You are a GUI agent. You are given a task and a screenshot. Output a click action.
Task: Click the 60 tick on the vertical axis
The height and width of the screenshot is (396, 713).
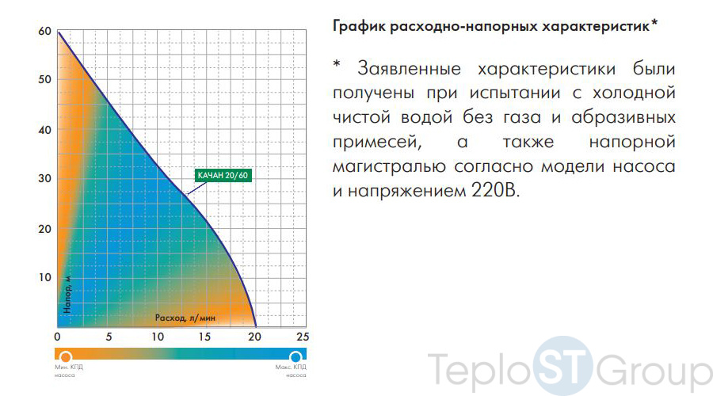pyautogui.click(x=44, y=32)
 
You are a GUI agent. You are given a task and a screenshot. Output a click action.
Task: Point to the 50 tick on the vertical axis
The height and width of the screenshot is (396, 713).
pyautogui.click(x=44, y=79)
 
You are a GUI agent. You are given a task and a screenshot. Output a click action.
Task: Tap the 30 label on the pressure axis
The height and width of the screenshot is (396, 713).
pyautogui.click(x=44, y=178)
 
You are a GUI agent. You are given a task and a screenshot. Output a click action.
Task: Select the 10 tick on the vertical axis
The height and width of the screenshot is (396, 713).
pyautogui.click(x=44, y=277)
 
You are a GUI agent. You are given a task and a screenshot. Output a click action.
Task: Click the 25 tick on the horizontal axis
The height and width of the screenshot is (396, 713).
pyautogui.click(x=303, y=337)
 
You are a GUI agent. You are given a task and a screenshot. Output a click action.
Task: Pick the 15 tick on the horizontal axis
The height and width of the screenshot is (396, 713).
pyautogui.click(x=204, y=337)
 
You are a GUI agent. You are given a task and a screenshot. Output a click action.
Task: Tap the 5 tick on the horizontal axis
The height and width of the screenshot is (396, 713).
pyautogui.click(x=109, y=337)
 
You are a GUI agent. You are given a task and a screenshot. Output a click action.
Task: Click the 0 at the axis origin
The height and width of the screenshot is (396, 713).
pyautogui.click(x=57, y=337)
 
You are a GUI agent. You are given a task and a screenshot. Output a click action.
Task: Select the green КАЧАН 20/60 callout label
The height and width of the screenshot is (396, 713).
pyautogui.click(x=223, y=176)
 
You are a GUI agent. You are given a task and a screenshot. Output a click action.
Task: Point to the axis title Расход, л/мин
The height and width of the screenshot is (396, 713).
pyautogui.click(x=185, y=318)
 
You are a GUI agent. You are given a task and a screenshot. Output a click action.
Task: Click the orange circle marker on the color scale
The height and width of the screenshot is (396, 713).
pyautogui.click(x=66, y=356)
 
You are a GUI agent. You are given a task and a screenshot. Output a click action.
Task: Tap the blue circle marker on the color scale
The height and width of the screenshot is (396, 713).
pyautogui.click(x=295, y=356)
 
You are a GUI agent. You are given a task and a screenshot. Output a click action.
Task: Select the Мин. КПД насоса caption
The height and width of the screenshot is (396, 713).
pyautogui.click(x=69, y=371)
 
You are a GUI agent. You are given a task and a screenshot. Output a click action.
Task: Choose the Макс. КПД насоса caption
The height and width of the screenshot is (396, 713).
pyautogui.click(x=291, y=371)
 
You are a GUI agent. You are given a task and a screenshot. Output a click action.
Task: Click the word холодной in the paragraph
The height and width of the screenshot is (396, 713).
pyautogui.click(x=634, y=93)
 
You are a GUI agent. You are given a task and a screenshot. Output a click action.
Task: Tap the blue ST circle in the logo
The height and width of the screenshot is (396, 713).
pyautogui.click(x=563, y=366)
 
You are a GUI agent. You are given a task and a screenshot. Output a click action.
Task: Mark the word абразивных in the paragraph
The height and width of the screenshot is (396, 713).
pyautogui.click(x=623, y=118)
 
